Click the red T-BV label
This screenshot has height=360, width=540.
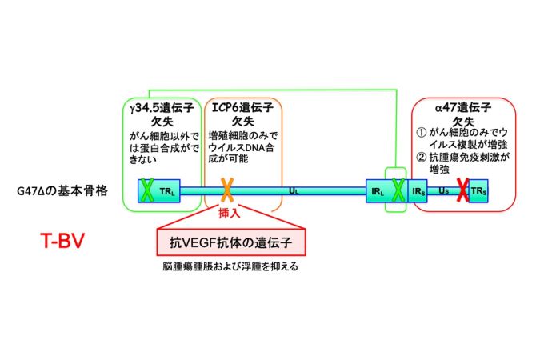pyautogui.click(x=62, y=241)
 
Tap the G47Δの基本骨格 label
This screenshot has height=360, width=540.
pyautogui.click(x=62, y=190)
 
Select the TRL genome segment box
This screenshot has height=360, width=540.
pyautogui.click(x=158, y=190)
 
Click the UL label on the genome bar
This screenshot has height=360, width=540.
pyautogui.click(x=294, y=190)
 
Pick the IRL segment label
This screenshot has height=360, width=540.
pyautogui.click(x=378, y=191)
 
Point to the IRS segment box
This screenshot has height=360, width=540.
pyautogui.click(x=418, y=191)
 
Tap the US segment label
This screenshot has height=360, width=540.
pyautogui.click(x=443, y=190)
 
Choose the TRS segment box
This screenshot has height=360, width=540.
pyautogui.click(x=478, y=190)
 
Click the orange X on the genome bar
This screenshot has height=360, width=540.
pyautogui.click(x=227, y=190)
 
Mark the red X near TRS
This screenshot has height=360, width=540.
pyautogui.click(x=462, y=190)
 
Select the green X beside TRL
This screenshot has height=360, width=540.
pyautogui.click(x=147, y=190)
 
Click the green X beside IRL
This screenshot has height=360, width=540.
pyautogui.click(x=398, y=190)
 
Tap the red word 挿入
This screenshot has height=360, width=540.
pyautogui.click(x=229, y=214)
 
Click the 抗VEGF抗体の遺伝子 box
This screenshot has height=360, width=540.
pyautogui.click(x=231, y=242)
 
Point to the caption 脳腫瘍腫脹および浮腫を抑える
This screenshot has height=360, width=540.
pyautogui.click(x=230, y=266)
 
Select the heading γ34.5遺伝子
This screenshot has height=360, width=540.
pyautogui.click(x=162, y=108)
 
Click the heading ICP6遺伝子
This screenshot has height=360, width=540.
pyautogui.click(x=242, y=107)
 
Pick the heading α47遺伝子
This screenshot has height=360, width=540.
pyautogui.click(x=463, y=108)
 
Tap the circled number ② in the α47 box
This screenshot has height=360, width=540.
pyautogui.click(x=421, y=157)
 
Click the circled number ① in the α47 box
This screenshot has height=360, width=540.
pyautogui.click(x=421, y=132)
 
